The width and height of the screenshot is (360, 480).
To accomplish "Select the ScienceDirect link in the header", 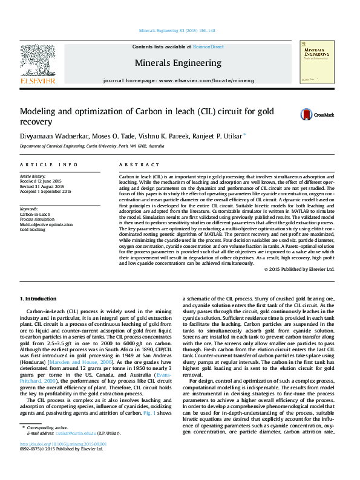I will click(209, 47).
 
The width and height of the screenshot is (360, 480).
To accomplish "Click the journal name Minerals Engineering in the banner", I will click(177, 63).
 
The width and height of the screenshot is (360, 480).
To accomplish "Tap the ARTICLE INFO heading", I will click(48, 164).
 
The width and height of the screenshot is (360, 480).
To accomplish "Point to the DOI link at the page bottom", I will click(63, 443).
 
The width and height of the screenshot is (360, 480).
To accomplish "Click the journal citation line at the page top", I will click(177, 30).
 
